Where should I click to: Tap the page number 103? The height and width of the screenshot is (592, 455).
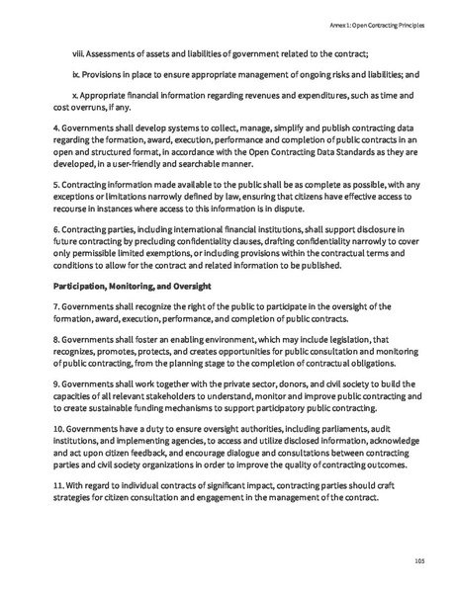pyautogui.click(x=418, y=560)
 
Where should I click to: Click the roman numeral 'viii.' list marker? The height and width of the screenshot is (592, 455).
pyautogui.click(x=80, y=52)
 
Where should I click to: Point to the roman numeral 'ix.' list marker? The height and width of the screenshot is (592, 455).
pyautogui.click(x=77, y=74)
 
